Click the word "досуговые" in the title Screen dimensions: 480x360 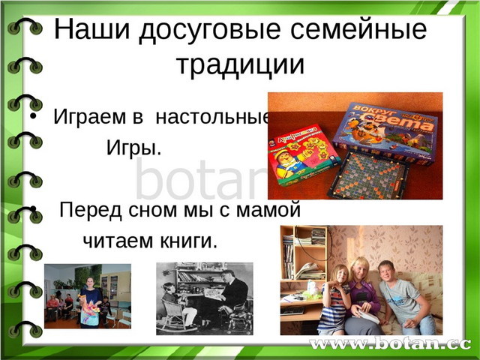coord(210,31)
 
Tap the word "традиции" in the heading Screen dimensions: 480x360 coord(240,65)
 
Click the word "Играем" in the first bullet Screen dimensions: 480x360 coord(89,117)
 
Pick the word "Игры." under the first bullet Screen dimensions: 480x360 coord(133,148)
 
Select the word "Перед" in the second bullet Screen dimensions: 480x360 coord(91,211)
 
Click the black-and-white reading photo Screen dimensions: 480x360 coord(205,298)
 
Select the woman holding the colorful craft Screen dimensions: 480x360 coord(91,303)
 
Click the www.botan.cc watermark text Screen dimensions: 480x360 coord(390,344)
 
